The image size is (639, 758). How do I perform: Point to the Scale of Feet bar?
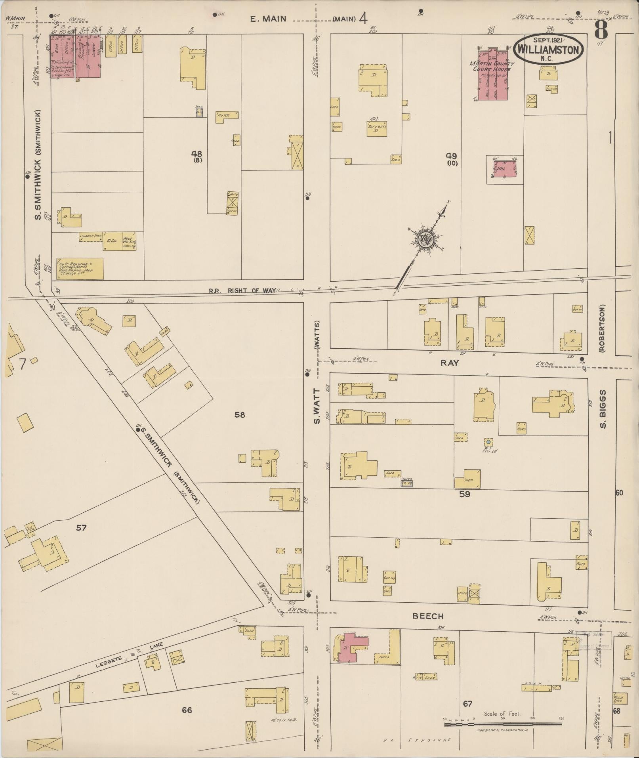502,724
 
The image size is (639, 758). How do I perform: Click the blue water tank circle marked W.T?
488,441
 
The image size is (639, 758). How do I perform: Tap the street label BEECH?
428,616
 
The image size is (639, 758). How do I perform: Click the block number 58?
240,415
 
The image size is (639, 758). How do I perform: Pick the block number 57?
82,528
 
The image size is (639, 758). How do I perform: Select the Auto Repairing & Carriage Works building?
80,268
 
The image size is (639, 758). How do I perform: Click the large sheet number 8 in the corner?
602,29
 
